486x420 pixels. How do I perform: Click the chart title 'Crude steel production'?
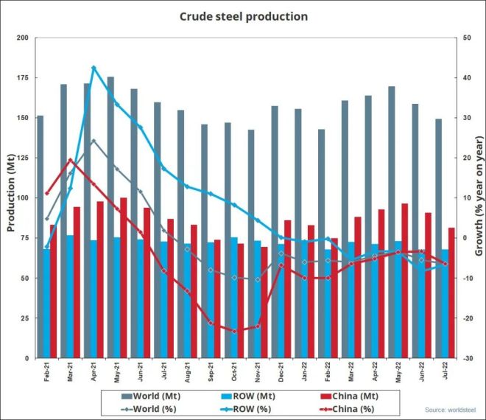pyautogui.click(x=243, y=15)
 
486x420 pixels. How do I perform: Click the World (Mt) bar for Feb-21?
pyautogui.click(x=40, y=236)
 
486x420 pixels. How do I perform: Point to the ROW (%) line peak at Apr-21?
pyautogui.click(x=94, y=67)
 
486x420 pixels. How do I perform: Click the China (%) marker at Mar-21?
pyautogui.click(x=70, y=160)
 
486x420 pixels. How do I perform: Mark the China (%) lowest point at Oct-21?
pyautogui.click(x=234, y=332)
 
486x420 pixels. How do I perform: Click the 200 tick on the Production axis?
pyautogui.click(x=23, y=38)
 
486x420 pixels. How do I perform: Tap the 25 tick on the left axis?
pyautogui.click(x=25, y=318)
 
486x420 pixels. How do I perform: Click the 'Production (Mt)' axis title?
pyautogui.click(x=10, y=197)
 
